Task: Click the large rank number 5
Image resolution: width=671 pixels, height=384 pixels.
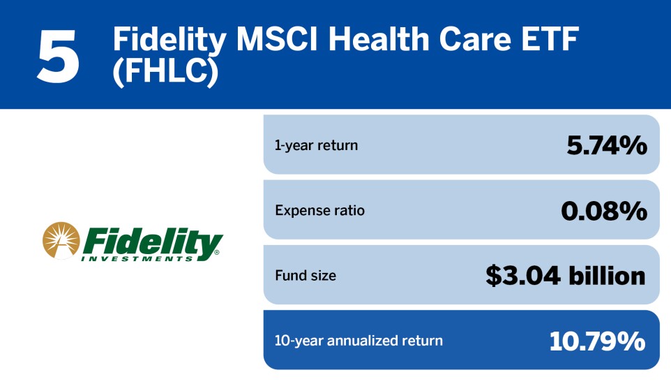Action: [x=59, y=55]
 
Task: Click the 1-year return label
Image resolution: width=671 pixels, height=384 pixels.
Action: [x=316, y=145]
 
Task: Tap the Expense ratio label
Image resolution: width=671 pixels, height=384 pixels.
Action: [x=319, y=210]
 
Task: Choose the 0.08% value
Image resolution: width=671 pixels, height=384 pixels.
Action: [x=604, y=210]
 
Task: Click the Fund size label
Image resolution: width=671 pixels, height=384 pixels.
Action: [x=306, y=276]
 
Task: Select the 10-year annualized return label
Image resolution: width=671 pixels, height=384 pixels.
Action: [x=359, y=341]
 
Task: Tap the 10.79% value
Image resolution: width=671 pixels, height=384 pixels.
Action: [x=597, y=341]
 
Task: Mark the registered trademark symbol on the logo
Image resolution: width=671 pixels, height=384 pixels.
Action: [x=218, y=252]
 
